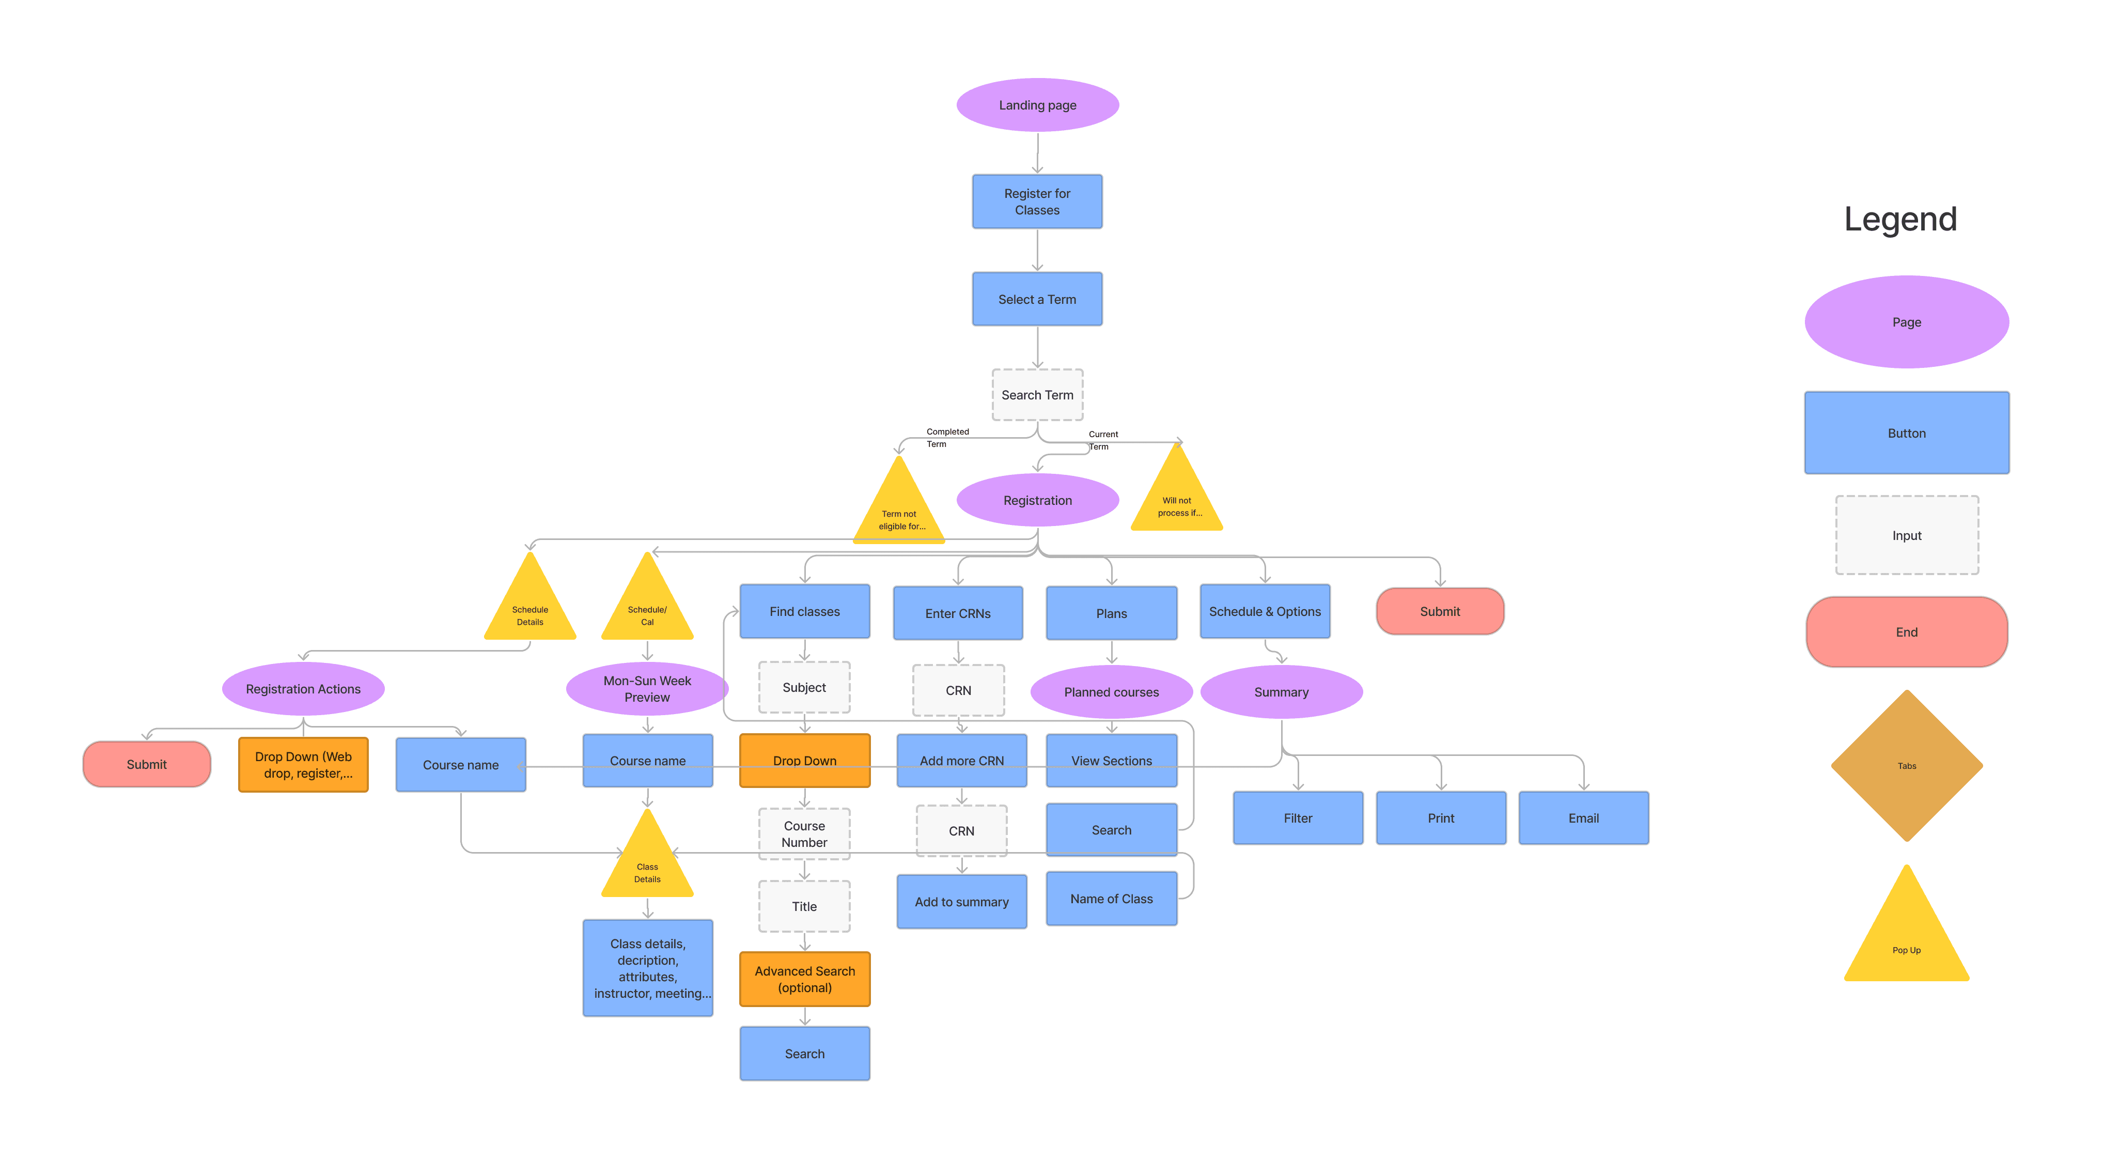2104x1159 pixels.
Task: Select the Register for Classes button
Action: (x=1037, y=202)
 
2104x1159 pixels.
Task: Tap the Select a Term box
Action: (x=1037, y=300)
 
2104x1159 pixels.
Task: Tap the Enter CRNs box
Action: (x=958, y=613)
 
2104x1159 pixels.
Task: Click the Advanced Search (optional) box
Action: (x=804, y=979)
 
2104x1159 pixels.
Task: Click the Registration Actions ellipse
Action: (x=303, y=689)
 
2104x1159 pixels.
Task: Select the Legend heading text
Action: (x=1900, y=219)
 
